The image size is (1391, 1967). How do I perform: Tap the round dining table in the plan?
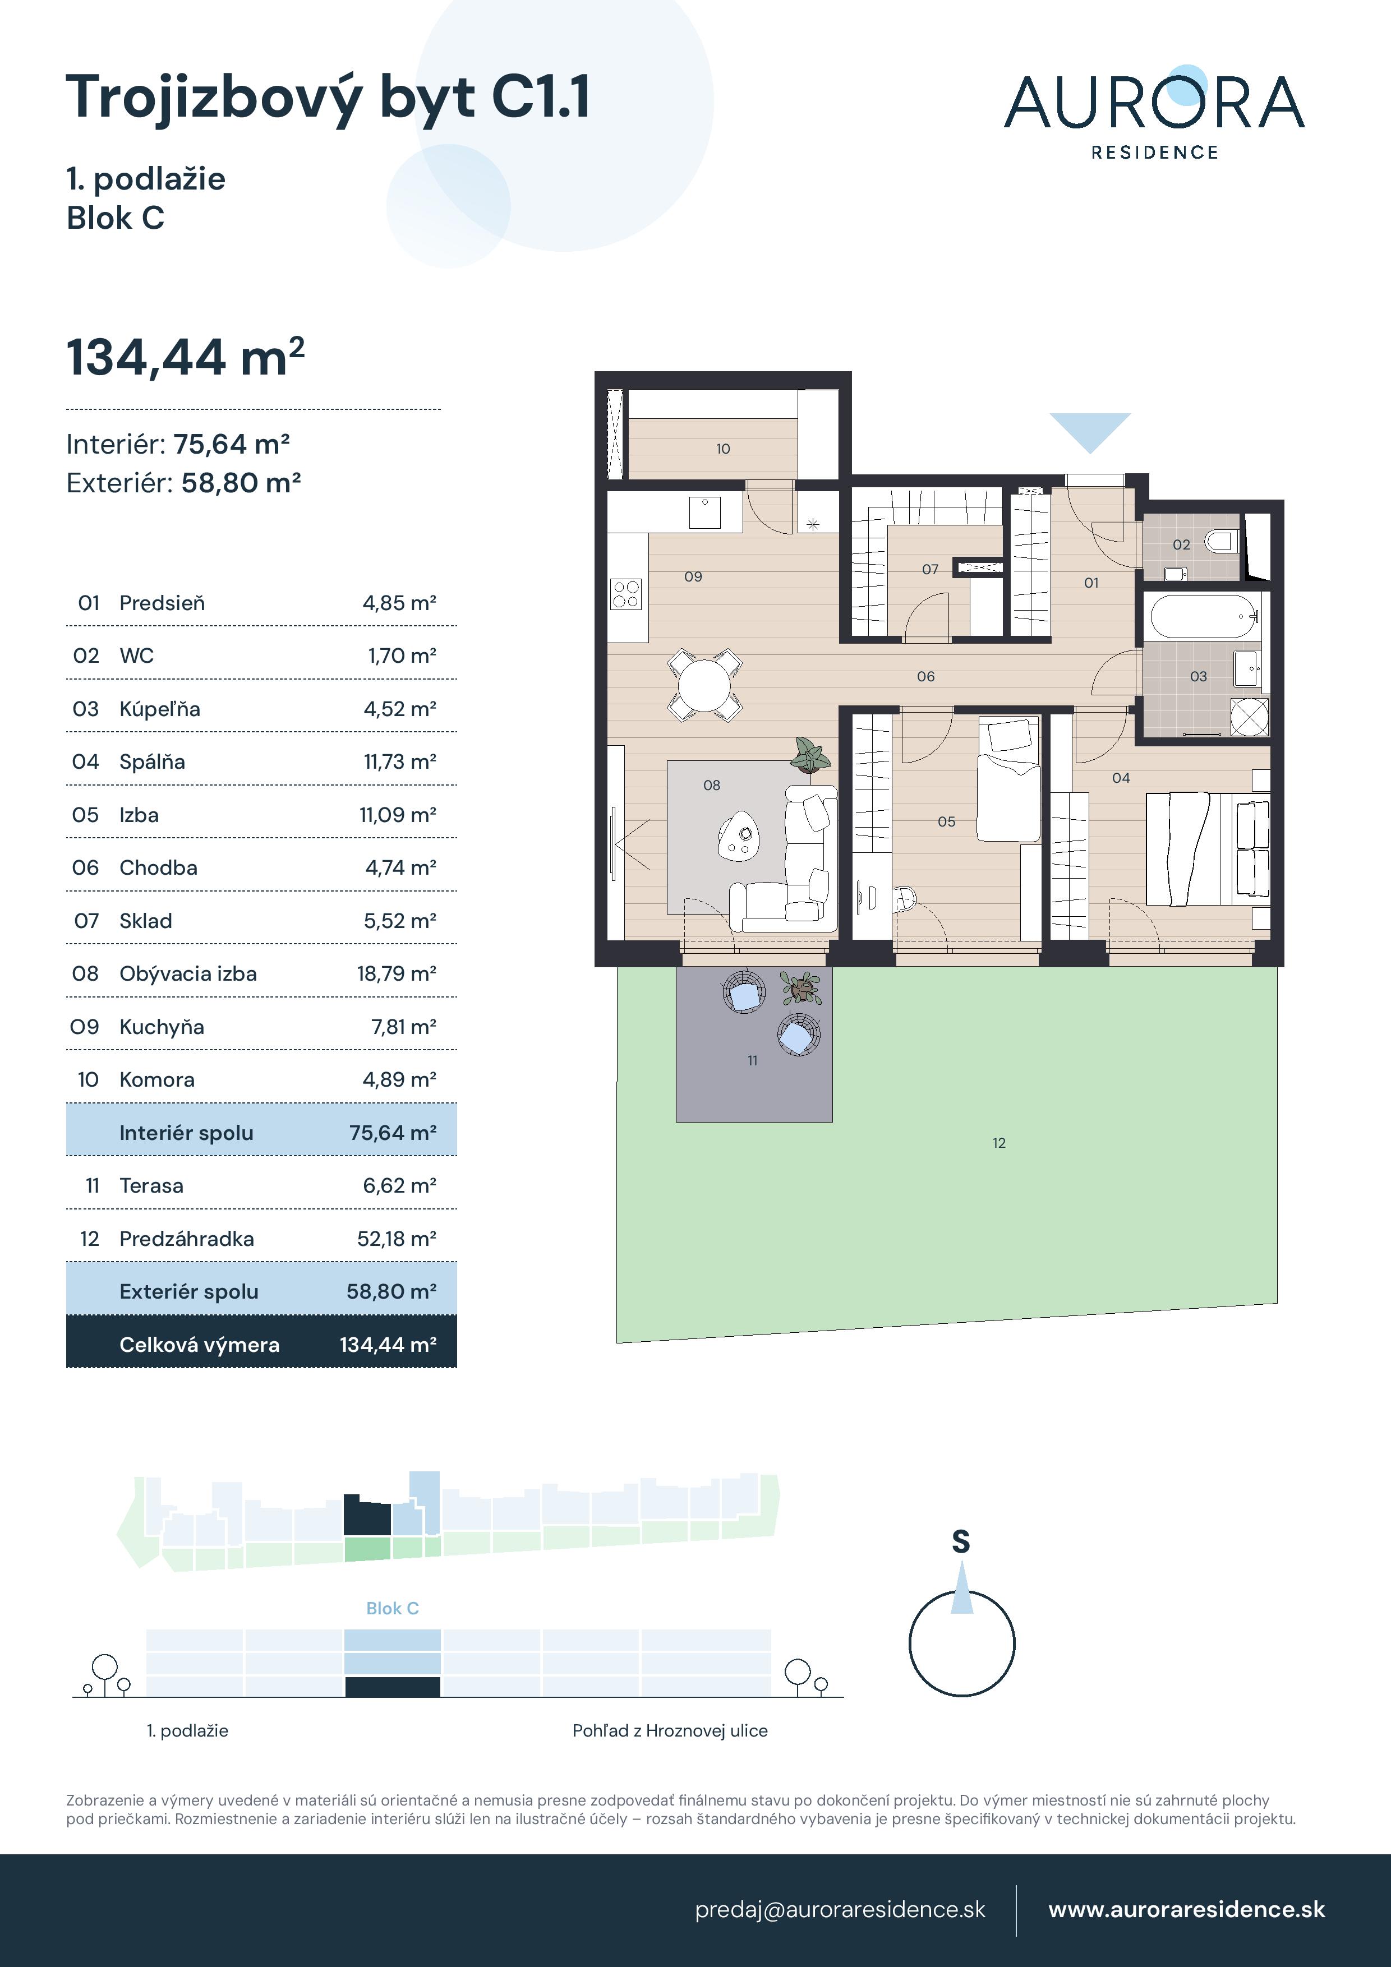tap(704, 685)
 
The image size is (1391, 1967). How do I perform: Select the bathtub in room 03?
tap(1203, 616)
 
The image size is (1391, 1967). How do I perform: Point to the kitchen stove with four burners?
tap(625, 594)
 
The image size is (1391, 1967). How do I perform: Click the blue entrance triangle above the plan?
tap(1090, 432)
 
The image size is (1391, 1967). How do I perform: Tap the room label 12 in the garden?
tap(998, 1143)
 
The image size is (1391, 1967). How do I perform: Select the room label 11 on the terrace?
tap(753, 1061)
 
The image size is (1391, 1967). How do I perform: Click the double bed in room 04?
tap(1206, 848)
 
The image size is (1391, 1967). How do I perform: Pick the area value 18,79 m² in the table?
tap(397, 973)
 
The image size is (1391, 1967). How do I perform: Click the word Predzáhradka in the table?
tap(187, 1238)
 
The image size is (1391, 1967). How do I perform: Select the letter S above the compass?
tap(961, 1542)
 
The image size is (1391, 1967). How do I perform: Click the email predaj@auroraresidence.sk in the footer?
tap(840, 1910)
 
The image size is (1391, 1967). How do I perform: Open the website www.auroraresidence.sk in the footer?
tap(1187, 1910)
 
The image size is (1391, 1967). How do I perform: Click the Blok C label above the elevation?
tap(393, 1608)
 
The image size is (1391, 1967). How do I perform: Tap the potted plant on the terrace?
tap(802, 988)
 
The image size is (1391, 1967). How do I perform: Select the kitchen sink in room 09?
tap(704, 512)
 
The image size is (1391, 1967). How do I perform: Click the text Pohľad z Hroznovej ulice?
tap(670, 1730)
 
